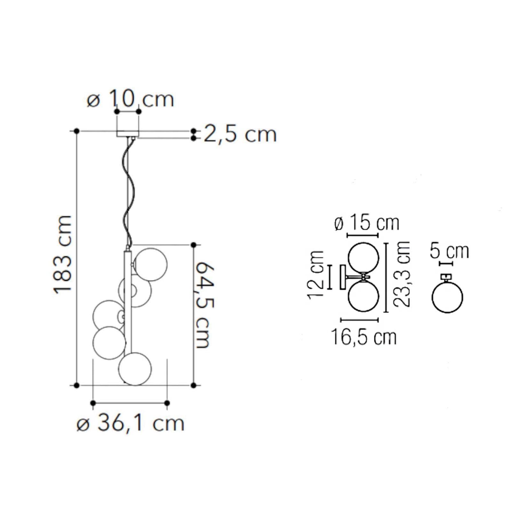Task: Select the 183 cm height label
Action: pyautogui.click(x=62, y=255)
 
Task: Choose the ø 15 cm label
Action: pyautogui.click(x=367, y=223)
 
